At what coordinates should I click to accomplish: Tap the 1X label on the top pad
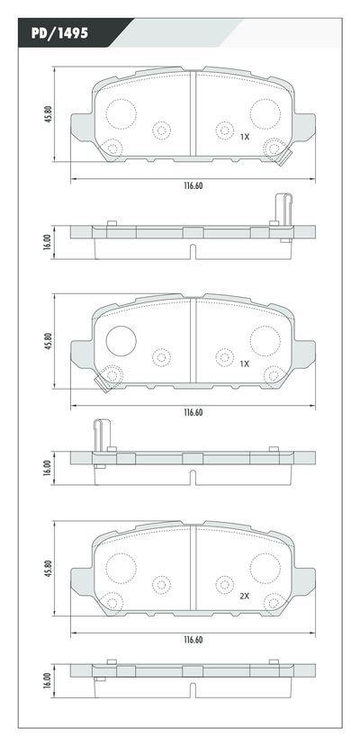coord(244,137)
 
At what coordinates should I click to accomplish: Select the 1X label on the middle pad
coord(244,364)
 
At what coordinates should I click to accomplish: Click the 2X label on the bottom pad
coord(244,595)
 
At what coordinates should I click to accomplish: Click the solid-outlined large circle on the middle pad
coord(121,340)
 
